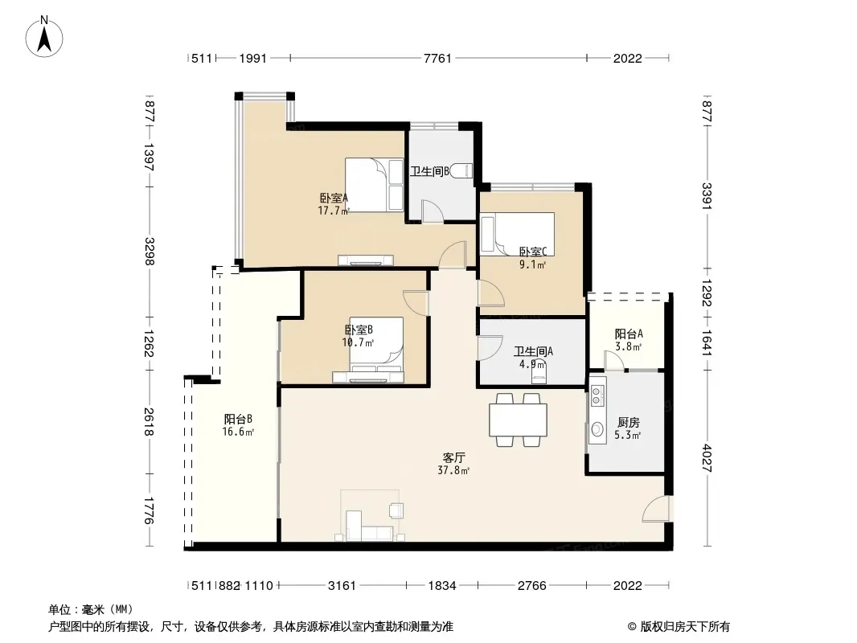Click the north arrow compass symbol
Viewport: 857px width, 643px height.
[x=44, y=37]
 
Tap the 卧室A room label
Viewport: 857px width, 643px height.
[x=334, y=198]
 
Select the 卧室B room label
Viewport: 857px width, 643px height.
[x=359, y=330]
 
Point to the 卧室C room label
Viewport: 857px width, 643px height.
[x=532, y=252]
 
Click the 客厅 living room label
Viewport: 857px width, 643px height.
[x=453, y=457]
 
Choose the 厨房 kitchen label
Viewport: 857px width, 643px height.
[x=628, y=422]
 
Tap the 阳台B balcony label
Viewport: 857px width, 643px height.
[x=238, y=419]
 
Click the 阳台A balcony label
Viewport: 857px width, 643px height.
[x=629, y=334]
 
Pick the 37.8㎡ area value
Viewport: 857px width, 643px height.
[x=453, y=470]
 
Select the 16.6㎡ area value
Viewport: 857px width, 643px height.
[x=238, y=432]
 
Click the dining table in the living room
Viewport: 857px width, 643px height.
[x=518, y=420]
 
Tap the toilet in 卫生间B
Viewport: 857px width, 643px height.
[x=463, y=171]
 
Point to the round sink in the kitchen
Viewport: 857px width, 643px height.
[x=597, y=429]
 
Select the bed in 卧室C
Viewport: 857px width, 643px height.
[x=517, y=234]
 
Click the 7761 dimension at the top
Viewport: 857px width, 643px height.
[x=438, y=58]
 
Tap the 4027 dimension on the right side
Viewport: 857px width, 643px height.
[x=707, y=458]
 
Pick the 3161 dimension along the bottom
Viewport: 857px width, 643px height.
[x=342, y=586]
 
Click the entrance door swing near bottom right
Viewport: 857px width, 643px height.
[x=654, y=509]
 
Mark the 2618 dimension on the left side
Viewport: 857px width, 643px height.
[x=149, y=422]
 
